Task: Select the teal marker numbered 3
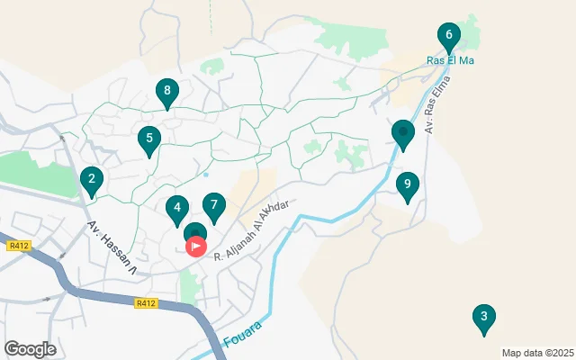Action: (x=484, y=317)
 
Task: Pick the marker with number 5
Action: (x=148, y=139)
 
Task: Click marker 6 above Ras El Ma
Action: (x=448, y=37)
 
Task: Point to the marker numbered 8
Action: (x=166, y=91)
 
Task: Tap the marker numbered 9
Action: (x=407, y=185)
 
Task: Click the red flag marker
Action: (x=196, y=246)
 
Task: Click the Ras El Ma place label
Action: (x=449, y=61)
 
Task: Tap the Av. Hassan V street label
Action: (x=112, y=248)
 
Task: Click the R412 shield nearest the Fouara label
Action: (x=146, y=304)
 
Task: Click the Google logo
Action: (x=30, y=349)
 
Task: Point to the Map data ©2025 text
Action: (x=536, y=353)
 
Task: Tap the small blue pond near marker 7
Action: (x=206, y=175)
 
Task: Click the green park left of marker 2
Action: (x=36, y=171)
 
